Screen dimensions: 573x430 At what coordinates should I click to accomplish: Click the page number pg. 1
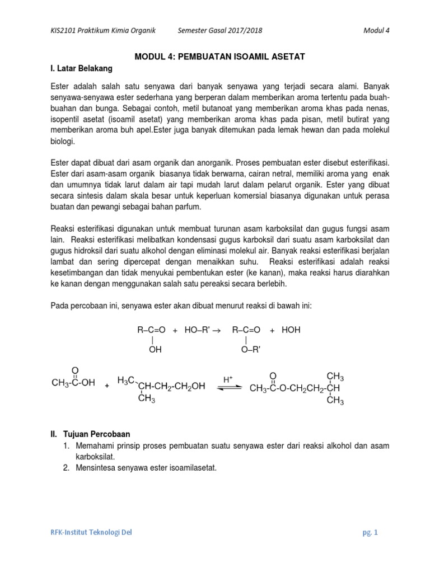tap(370, 533)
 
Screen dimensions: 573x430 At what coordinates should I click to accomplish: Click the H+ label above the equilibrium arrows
tap(228, 379)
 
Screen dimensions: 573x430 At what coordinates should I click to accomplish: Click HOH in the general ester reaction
tap(291, 330)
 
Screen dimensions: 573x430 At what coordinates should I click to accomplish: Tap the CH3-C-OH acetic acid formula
tap(73, 383)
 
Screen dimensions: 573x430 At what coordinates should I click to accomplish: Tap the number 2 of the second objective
tap(65, 468)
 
